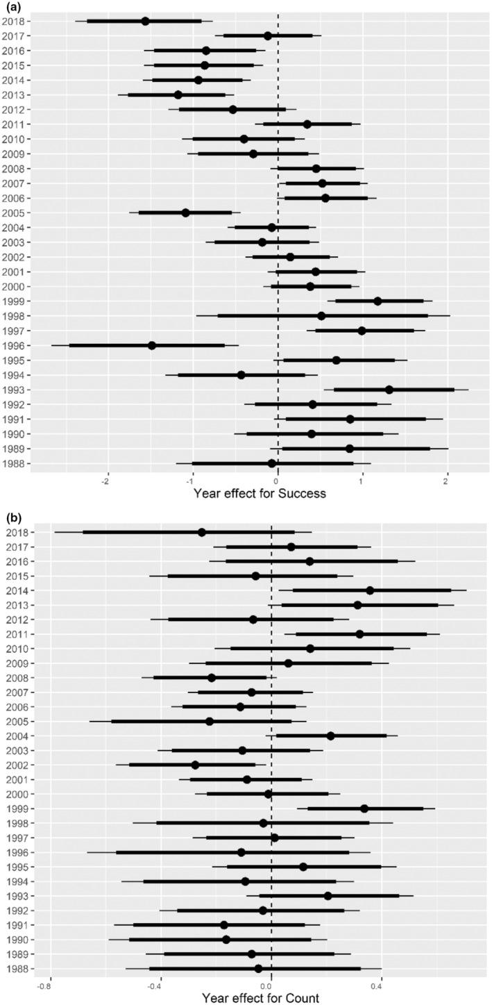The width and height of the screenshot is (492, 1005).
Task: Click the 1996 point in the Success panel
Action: coord(152,345)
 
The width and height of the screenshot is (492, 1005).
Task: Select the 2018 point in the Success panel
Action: coord(145,21)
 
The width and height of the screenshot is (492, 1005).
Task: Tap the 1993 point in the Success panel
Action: coord(389,390)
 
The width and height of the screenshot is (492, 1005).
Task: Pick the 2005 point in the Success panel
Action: coord(185,213)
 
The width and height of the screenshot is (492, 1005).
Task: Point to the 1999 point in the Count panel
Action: coord(364,808)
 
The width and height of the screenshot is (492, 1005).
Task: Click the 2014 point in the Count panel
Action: coord(370,590)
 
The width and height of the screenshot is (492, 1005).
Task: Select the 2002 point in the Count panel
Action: coord(195,765)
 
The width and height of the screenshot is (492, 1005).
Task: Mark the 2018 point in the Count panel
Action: coord(202,532)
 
